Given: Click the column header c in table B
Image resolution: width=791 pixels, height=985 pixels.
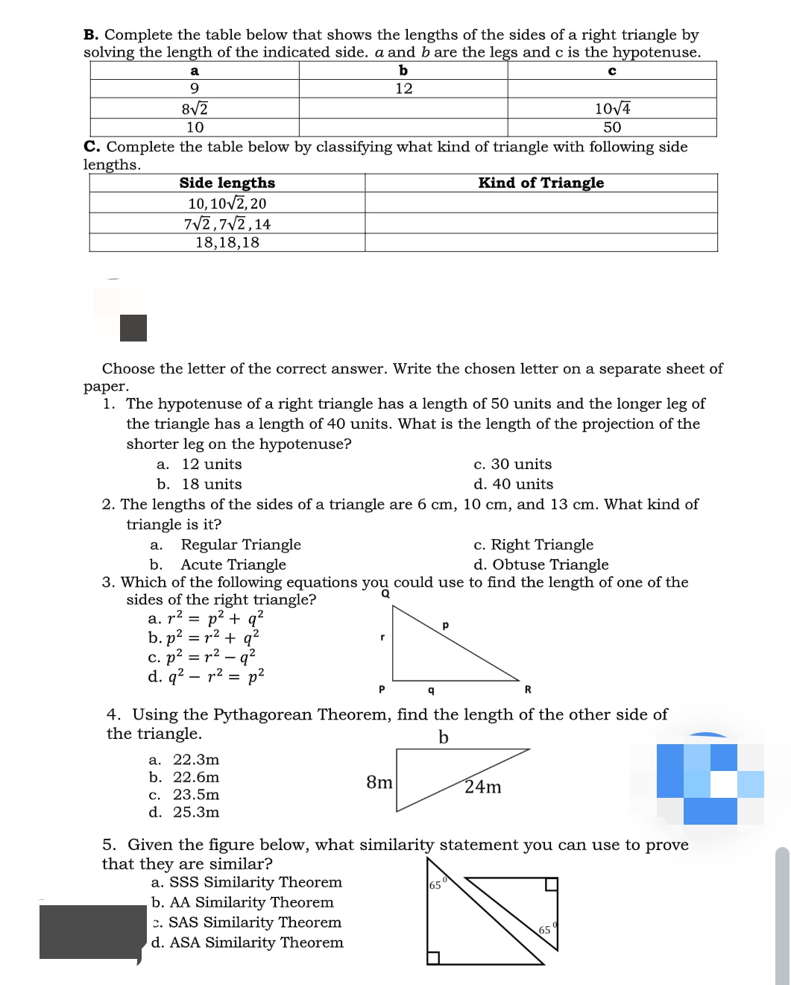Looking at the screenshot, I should [612, 71].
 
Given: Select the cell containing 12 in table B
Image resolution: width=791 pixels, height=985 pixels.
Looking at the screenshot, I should [403, 89].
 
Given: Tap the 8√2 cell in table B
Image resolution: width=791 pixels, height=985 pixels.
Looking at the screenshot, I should [195, 108].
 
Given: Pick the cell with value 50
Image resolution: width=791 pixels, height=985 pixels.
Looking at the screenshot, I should [612, 128].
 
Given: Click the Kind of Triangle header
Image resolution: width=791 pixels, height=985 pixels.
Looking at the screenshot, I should [541, 183].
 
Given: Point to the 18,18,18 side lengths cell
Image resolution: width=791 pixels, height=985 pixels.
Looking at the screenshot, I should [227, 242].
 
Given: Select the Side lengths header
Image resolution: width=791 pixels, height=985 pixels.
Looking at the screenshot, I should [227, 183].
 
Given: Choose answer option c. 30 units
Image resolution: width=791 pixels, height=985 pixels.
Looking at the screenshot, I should [513, 464].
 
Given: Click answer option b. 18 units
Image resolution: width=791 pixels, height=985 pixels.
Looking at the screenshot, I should [200, 484].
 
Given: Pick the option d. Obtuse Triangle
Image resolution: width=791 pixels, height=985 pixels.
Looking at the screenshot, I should [541, 564].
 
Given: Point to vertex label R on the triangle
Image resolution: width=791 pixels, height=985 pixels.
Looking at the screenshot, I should [528, 690].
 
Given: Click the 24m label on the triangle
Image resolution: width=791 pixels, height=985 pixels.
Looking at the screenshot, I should [483, 787].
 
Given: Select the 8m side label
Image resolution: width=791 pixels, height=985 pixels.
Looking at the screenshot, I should [379, 782].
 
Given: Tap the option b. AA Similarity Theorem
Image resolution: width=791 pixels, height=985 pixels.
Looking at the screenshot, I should [242, 902].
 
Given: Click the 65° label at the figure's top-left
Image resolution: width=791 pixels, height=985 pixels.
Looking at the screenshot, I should [437, 885].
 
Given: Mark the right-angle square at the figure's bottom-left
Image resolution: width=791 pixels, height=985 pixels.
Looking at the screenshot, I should [433, 957].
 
